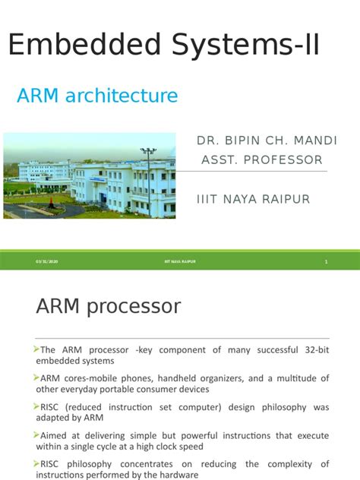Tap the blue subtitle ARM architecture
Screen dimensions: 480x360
tap(97, 96)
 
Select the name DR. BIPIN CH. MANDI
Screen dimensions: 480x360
tap(267, 141)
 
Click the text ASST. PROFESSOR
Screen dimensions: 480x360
tap(261, 159)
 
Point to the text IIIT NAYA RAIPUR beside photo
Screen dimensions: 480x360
tap(253, 198)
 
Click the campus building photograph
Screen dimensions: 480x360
tap(90, 175)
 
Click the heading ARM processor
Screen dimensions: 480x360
tap(109, 307)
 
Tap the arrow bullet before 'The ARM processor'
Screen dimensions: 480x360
tap(36, 349)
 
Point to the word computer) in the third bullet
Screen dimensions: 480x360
tap(194, 407)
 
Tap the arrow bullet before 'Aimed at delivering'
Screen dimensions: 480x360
tap(36, 434)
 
